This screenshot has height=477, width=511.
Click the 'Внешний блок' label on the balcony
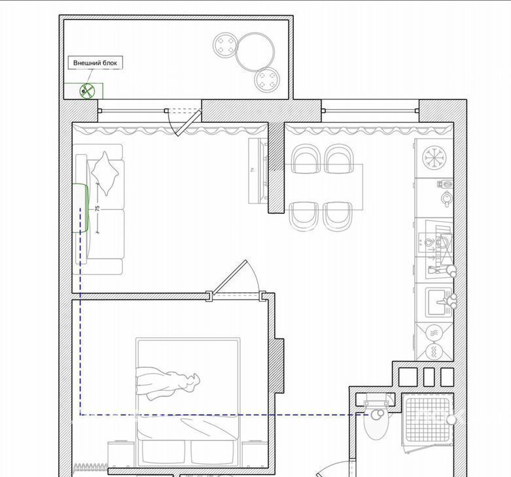[95, 63]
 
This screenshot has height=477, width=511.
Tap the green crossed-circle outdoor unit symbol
[87, 91]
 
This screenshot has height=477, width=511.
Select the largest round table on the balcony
[255, 52]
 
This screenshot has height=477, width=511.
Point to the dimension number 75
[97, 208]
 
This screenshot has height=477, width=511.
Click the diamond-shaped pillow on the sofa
[105, 173]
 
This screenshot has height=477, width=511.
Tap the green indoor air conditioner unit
[80, 208]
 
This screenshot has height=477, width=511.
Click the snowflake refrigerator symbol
[434, 158]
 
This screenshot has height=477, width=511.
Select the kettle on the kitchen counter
[446, 198]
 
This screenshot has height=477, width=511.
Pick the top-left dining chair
[306, 159]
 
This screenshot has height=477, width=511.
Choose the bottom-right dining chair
[338, 216]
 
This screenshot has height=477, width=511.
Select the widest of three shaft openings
[408, 377]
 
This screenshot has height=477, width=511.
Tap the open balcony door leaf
[188, 123]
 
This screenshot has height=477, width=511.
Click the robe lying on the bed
[167, 383]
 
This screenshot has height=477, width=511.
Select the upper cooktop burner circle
[434, 333]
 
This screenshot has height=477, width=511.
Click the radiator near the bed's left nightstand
[91, 467]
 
